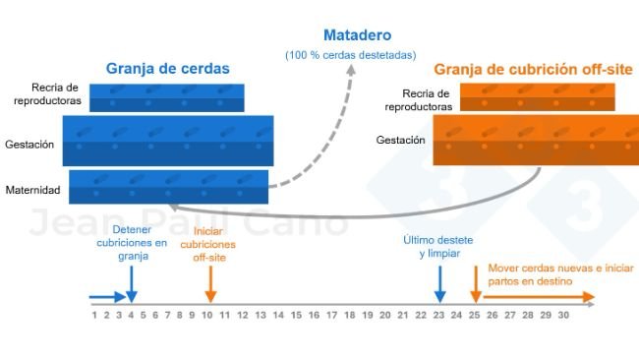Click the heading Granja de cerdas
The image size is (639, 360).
pyautogui.click(x=168, y=69)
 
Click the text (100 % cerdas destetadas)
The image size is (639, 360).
pyautogui.click(x=350, y=54)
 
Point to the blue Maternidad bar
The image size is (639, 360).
pyautogui.click(x=168, y=187)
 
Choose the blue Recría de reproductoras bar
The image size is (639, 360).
pyautogui.click(x=166, y=97)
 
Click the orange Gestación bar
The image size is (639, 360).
pyautogui.click(x=535, y=140)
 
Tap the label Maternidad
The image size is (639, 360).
pyautogui.click(x=32, y=190)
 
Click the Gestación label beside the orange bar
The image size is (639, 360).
pyautogui.click(x=400, y=141)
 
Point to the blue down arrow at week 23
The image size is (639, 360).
pyautogui.click(x=439, y=284)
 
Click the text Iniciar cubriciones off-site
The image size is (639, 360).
pyautogui.click(x=209, y=251)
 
